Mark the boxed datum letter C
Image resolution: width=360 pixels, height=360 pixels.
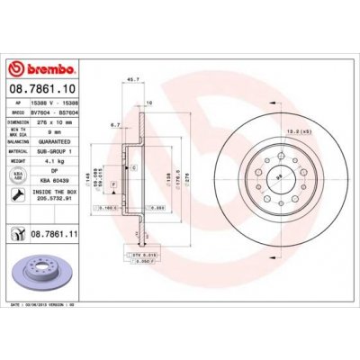[x=133, y=168]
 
